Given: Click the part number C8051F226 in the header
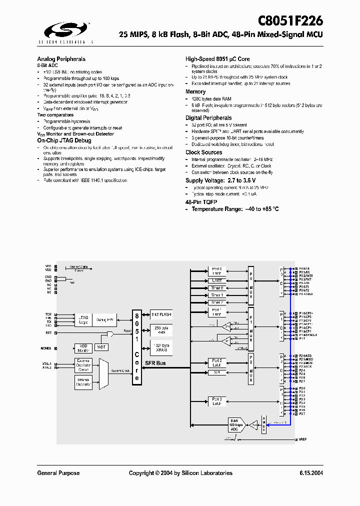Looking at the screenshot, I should tap(290, 21).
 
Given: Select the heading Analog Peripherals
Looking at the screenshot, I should tap(61, 59).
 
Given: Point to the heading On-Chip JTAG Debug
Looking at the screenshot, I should tap(64, 141).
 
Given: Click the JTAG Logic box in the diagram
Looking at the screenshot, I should tap(83, 319).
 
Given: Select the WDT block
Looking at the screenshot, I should tap(102, 346).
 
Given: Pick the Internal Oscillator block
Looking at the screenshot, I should tap(83, 382).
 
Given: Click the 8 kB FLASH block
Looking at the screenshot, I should tap(161, 315).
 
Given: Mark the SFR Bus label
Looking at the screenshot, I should tap(156, 363).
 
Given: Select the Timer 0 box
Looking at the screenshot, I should tap(216, 288).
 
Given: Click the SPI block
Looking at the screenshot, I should tap(216, 372).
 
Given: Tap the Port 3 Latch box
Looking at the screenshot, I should tap(216, 401).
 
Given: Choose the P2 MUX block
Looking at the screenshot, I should tap(251, 368).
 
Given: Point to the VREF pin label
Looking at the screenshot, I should tap(303, 439).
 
